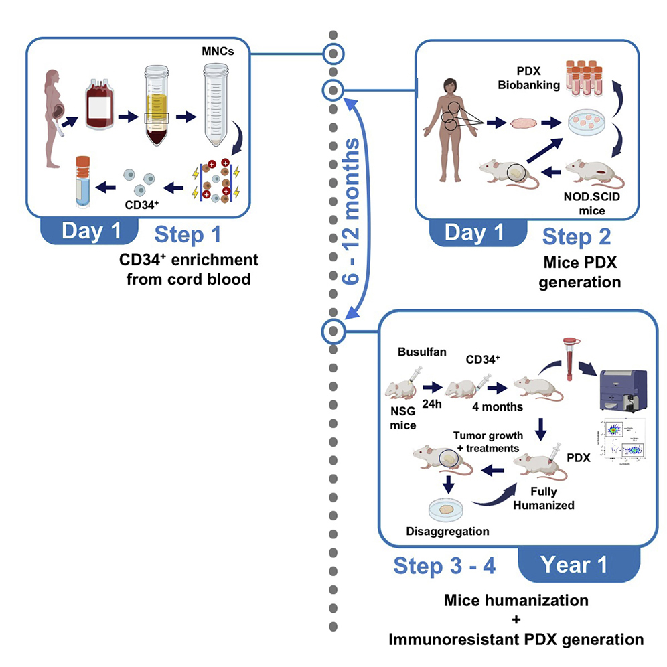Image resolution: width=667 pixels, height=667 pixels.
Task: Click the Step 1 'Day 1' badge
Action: click(91, 232)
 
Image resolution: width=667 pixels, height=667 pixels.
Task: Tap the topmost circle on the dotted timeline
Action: click(333, 53)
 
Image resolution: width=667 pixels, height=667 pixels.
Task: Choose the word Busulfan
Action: click(419, 351)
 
